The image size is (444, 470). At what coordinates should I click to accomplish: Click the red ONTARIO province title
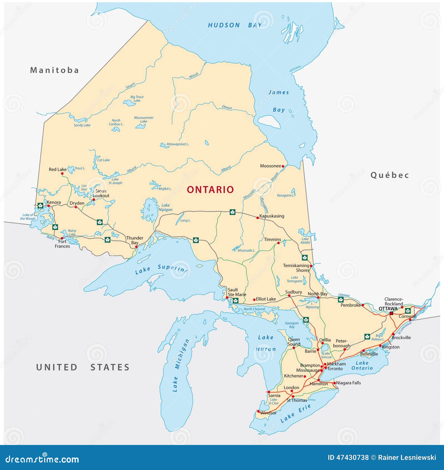click(x=210, y=190)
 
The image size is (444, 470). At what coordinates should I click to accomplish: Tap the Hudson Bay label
click(x=235, y=25)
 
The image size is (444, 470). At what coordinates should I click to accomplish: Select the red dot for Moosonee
click(x=283, y=166)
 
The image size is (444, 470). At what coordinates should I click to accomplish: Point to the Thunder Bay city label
click(x=135, y=240)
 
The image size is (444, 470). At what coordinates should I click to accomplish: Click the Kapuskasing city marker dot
click(x=257, y=218)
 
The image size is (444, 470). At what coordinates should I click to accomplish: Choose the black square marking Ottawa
click(x=391, y=313)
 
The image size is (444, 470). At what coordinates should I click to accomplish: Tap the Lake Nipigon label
click(x=165, y=207)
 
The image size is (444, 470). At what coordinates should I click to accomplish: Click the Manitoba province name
click(x=54, y=70)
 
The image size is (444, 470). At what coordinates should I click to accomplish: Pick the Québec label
click(x=390, y=175)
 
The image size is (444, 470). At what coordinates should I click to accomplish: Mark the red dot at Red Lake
click(x=62, y=174)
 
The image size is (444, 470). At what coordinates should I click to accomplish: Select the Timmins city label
click(x=272, y=239)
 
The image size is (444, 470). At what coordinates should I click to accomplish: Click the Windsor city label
click(x=268, y=413)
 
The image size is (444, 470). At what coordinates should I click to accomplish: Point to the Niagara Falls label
click(x=348, y=383)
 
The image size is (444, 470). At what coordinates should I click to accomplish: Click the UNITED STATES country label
click(x=83, y=367)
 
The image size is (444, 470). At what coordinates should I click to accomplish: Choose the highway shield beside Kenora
click(x=40, y=206)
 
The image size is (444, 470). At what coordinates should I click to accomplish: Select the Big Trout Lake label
click(x=137, y=99)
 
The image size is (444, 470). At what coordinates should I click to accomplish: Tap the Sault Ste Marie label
click(x=237, y=292)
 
